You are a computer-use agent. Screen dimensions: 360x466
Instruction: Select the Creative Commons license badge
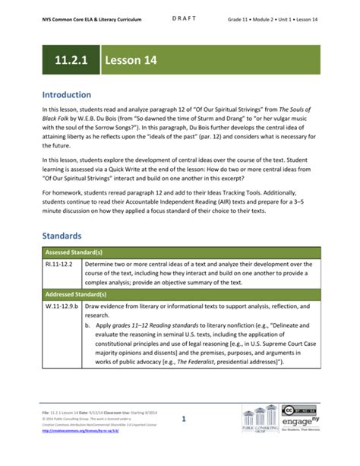point(299,411)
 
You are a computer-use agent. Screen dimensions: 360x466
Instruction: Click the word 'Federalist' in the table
point(197,363)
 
